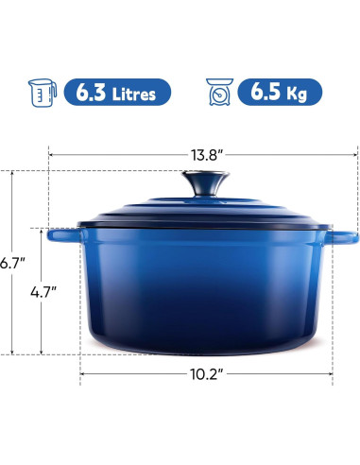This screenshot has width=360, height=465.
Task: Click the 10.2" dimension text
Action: (205, 374)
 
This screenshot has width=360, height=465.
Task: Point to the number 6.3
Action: (93, 93)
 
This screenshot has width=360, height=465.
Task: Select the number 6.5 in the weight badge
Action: (266, 93)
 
